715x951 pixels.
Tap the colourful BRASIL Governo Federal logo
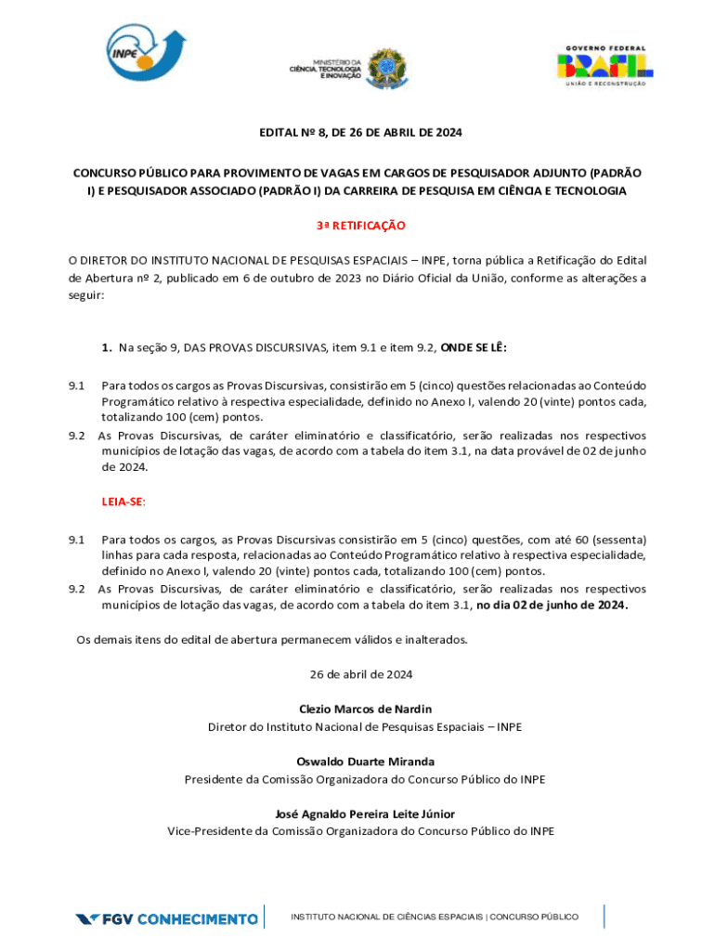(604, 65)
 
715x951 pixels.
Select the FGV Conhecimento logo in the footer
(167, 918)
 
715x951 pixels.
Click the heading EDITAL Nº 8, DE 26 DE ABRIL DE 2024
(360, 133)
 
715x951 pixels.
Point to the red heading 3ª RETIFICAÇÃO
(360, 226)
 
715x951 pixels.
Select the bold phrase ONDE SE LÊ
(474, 347)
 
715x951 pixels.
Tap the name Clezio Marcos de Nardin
(365, 709)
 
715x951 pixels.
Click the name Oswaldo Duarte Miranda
(365, 762)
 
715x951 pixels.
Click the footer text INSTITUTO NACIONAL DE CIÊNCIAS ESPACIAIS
(388, 917)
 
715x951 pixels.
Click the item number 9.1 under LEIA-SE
(76, 539)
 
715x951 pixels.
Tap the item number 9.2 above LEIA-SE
(76, 435)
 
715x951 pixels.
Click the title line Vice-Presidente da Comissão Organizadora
(360, 831)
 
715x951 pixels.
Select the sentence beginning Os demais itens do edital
(272, 639)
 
